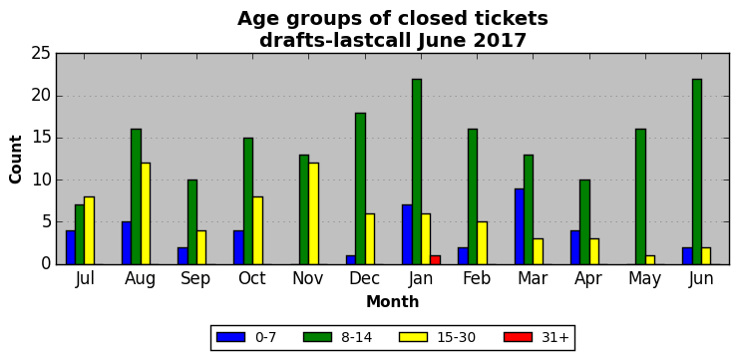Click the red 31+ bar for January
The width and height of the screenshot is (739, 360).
coord(436,259)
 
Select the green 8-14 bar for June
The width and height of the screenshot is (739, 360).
coord(697,172)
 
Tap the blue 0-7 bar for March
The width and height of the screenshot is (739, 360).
coord(519,226)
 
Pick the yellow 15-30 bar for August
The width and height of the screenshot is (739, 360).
coord(146,213)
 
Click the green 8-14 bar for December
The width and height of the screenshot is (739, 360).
coord(361,188)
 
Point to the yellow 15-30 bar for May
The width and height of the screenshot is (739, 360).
coord(650,259)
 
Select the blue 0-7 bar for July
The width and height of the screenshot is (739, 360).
coord(71,247)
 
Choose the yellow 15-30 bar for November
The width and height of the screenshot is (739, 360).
coord(314,213)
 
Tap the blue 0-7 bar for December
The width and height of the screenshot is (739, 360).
coord(351,259)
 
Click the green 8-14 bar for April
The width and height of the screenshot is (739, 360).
coord(584,222)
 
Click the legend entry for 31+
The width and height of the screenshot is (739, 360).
coord(537,337)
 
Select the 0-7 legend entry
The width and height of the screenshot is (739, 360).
coord(246,337)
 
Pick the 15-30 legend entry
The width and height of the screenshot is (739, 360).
coord(437,337)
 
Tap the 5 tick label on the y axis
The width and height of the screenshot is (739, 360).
coord(46,222)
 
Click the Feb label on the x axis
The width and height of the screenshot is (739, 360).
coord(476,278)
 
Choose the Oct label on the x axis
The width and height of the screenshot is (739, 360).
coord(251,278)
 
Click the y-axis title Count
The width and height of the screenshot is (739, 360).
coord(16,160)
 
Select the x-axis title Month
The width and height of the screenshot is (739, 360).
coord(393,301)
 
